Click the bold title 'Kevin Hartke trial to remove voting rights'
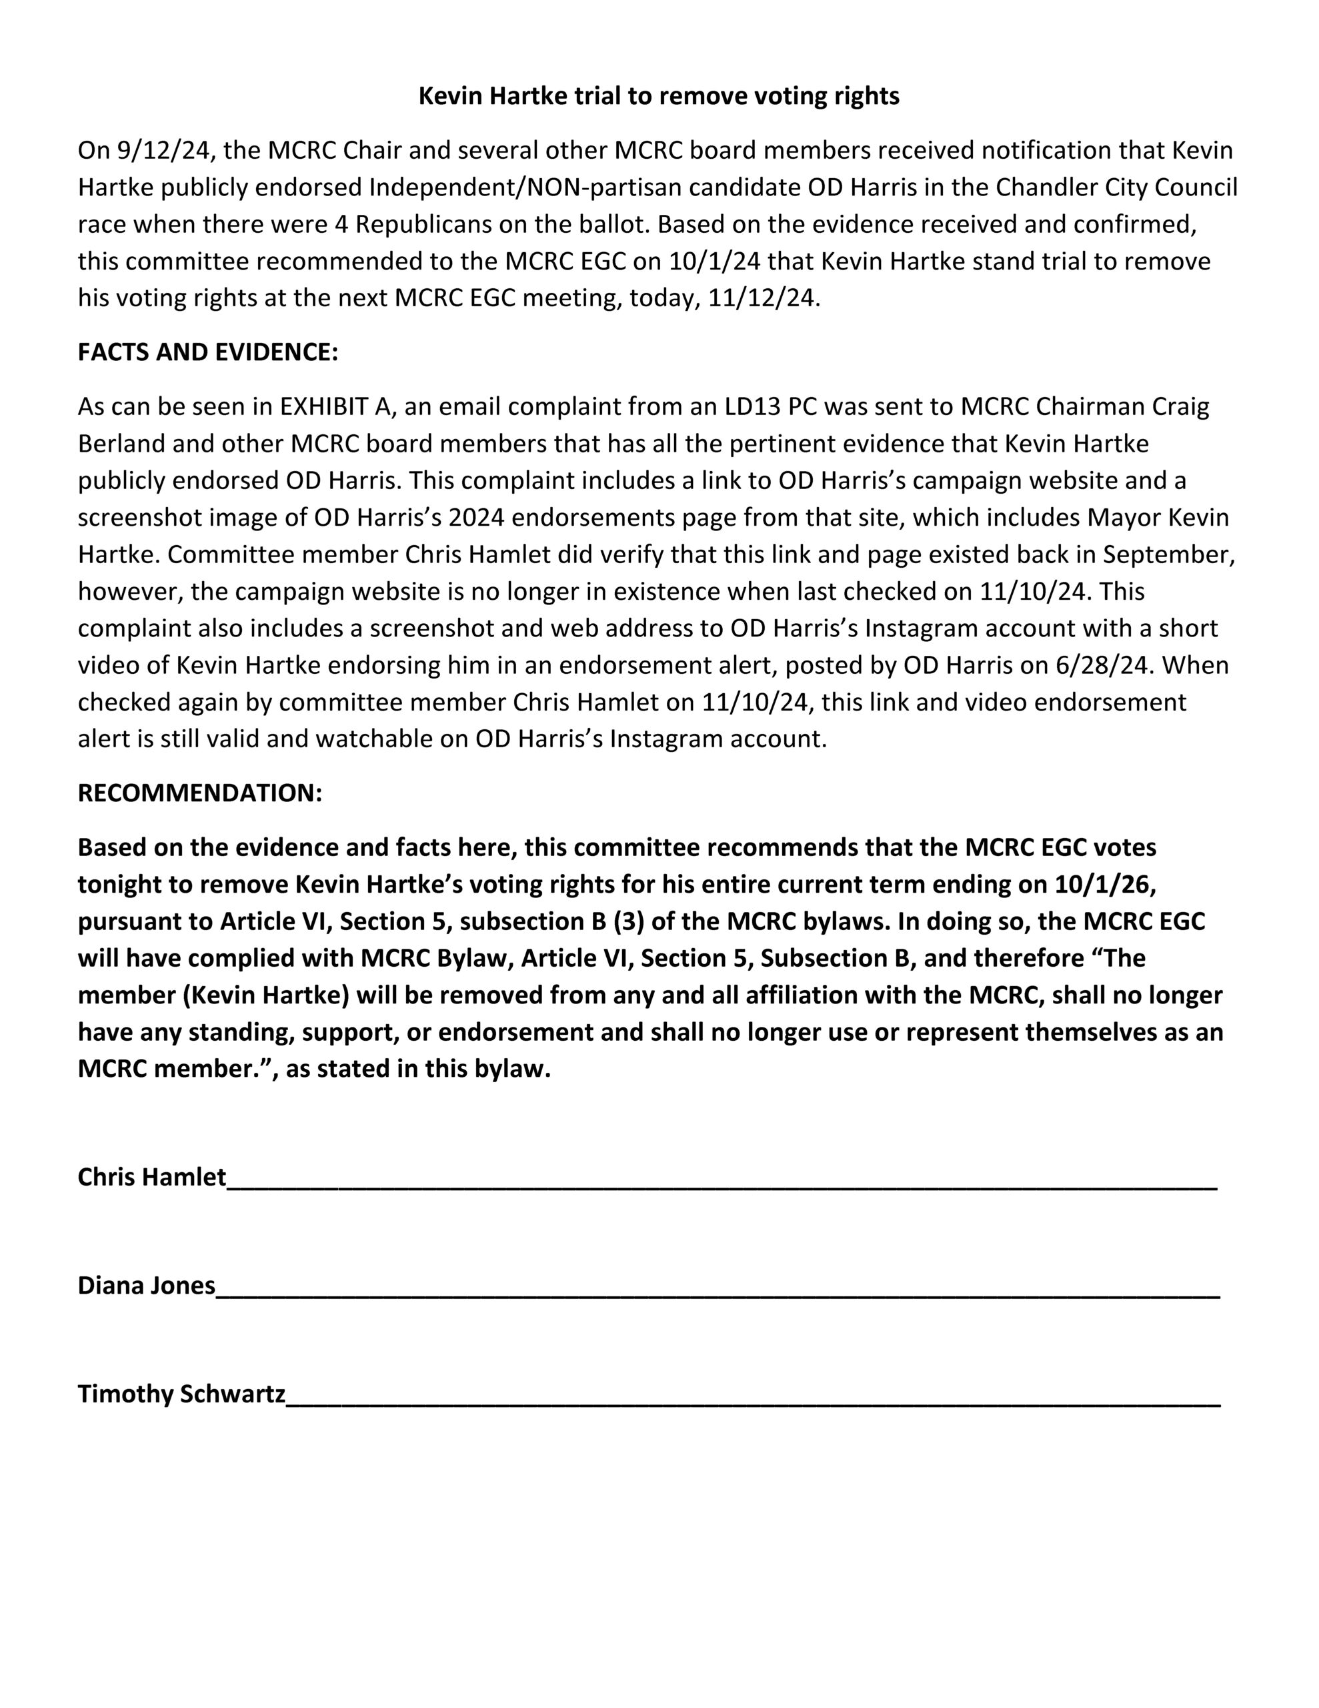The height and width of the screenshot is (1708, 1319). [x=658, y=96]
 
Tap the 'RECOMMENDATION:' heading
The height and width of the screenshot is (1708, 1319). [x=199, y=793]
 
